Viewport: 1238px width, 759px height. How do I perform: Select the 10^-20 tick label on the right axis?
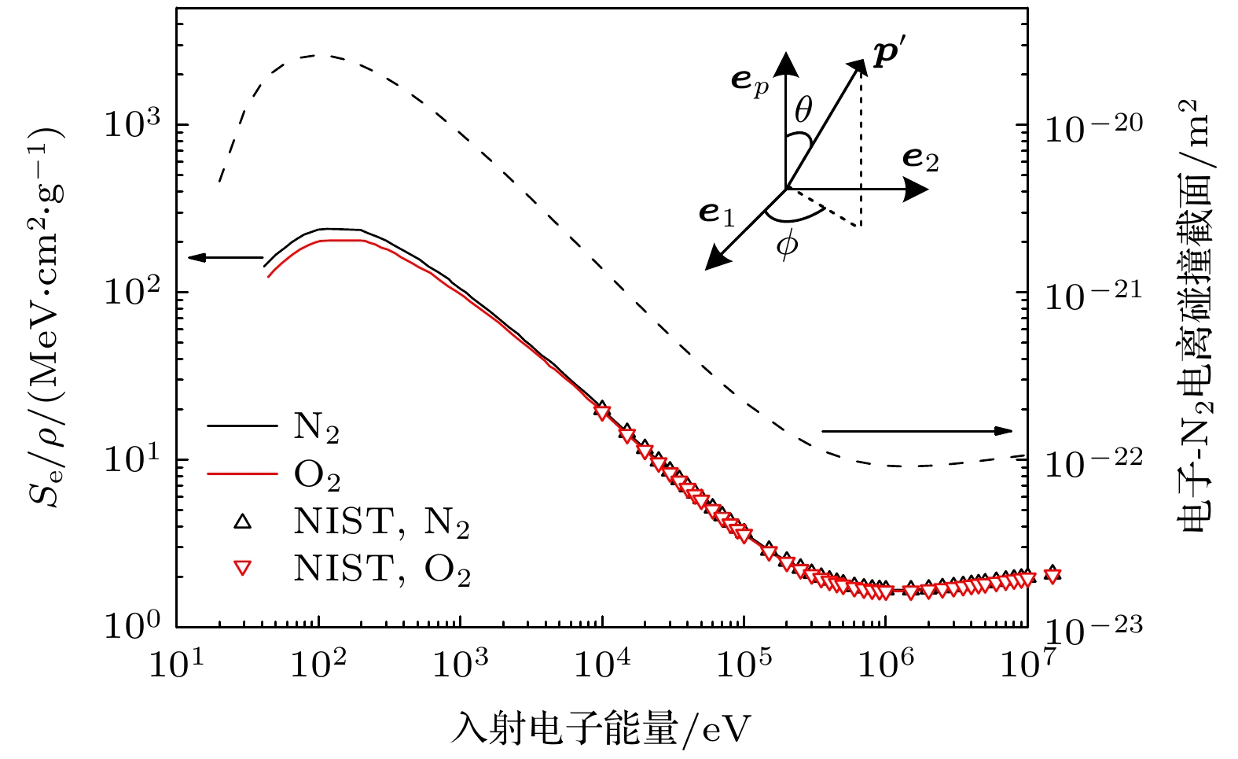click(x=1093, y=126)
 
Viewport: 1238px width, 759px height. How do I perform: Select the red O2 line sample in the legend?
click(x=243, y=474)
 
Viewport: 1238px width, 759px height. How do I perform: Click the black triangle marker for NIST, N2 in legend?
click(x=243, y=521)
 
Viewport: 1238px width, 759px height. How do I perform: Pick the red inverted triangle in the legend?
click(x=243, y=568)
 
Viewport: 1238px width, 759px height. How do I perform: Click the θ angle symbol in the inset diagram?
click(x=803, y=111)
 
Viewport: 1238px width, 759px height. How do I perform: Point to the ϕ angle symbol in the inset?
click(x=786, y=245)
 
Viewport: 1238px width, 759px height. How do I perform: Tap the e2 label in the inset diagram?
click(x=920, y=159)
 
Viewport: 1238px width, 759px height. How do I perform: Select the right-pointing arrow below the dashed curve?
click(x=917, y=431)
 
